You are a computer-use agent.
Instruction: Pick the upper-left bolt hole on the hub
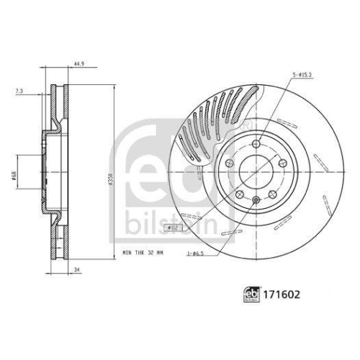[230, 164]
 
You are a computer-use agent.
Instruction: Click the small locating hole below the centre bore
[255, 199]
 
